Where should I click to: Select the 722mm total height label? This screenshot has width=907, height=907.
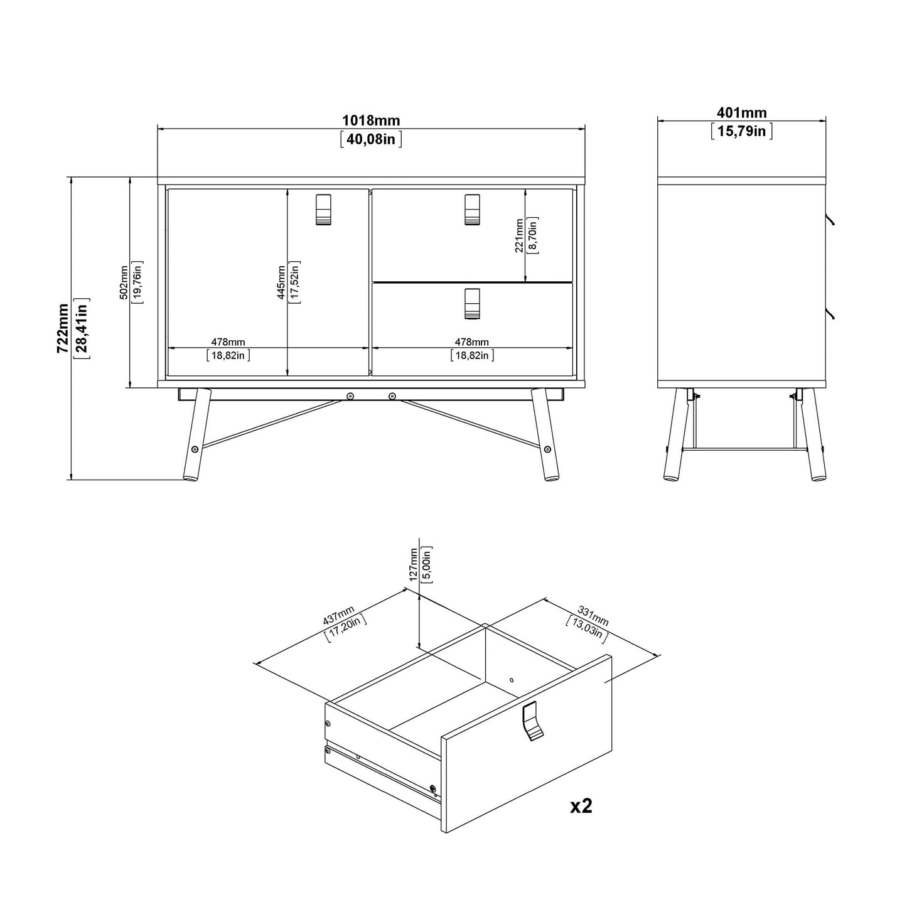tap(63, 329)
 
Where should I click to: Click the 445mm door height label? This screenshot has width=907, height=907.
tap(281, 282)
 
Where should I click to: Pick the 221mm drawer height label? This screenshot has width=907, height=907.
tap(519, 235)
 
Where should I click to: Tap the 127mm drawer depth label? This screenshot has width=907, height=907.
tap(413, 565)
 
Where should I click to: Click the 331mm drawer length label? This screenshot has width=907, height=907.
tap(593, 615)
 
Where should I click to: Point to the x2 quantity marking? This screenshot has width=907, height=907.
tap(581, 806)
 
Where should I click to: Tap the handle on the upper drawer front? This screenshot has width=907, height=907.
tap(472, 209)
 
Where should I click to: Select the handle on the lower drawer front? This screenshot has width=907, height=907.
tap(472, 304)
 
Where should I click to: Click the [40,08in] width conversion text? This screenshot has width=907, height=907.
tap(370, 139)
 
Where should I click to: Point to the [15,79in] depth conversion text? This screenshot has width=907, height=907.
tap(741, 131)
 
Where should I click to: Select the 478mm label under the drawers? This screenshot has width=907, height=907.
tap(471, 342)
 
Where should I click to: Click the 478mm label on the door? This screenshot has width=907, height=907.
tap(228, 342)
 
